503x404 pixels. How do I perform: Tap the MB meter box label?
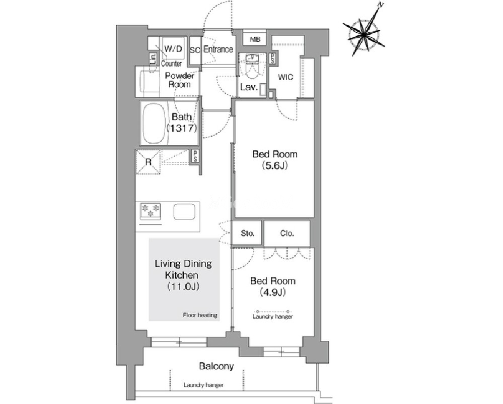[x=255, y=39]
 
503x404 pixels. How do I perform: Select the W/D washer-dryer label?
[x=173, y=49]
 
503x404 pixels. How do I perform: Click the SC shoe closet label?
[x=195, y=50]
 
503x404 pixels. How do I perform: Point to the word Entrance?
[x=219, y=49]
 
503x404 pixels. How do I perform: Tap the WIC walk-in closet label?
[x=285, y=77]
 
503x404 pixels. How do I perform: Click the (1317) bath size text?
[x=182, y=129]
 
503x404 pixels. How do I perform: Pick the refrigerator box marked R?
[x=148, y=162]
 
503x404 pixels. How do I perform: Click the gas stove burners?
[x=151, y=210]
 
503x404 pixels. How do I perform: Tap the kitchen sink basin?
[x=184, y=212]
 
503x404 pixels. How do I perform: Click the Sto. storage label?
[x=247, y=234]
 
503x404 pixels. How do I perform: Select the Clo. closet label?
[x=287, y=234]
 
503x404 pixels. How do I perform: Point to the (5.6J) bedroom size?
[x=274, y=165]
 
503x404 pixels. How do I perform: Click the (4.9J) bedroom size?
[x=273, y=293]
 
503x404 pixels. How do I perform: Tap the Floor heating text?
[x=200, y=315]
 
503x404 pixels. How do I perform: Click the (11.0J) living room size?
[x=183, y=286]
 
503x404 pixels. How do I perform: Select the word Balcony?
[x=216, y=366]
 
